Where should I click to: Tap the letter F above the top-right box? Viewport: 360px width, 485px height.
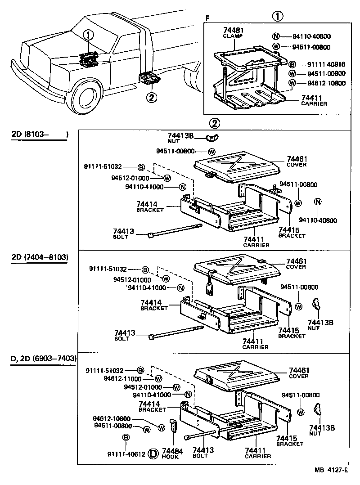point(207,18)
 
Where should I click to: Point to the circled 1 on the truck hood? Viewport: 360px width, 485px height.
point(89,34)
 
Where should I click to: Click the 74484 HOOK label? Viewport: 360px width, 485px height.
point(170,453)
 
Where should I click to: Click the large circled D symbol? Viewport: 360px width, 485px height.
point(153,454)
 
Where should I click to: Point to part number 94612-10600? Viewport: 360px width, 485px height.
point(112,418)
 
